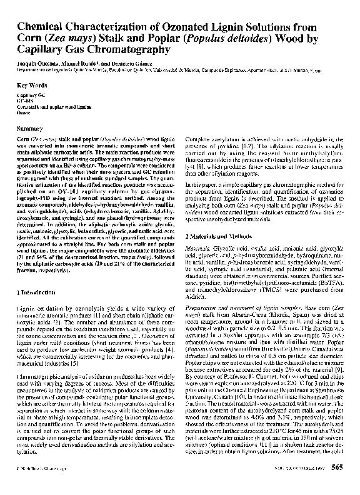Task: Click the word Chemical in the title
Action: [x=41, y=26]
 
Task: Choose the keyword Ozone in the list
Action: [x=23, y=113]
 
